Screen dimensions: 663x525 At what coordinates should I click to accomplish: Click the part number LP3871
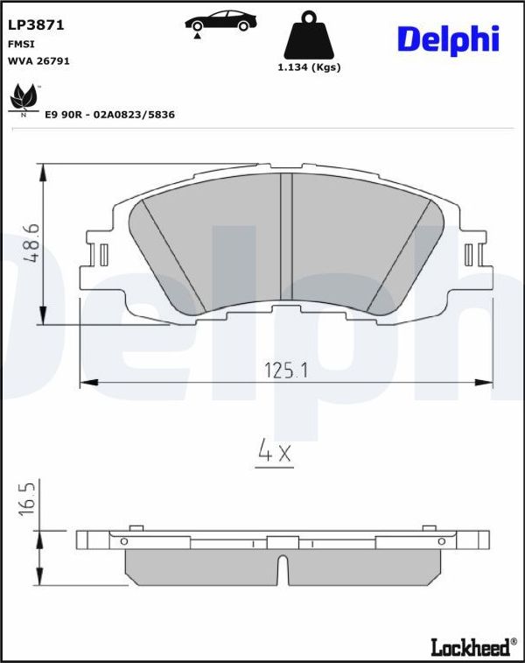click(31, 26)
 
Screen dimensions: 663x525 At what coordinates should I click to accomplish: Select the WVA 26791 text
click(38, 61)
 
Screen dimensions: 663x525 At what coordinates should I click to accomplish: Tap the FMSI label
click(22, 44)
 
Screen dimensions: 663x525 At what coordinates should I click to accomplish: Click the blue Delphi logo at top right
click(447, 39)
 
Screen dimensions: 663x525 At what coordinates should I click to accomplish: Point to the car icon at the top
click(219, 24)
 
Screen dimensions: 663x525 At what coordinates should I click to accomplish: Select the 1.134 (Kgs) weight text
click(309, 67)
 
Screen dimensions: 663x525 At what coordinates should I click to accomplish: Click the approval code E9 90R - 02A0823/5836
click(109, 115)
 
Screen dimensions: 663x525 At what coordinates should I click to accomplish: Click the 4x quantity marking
click(275, 452)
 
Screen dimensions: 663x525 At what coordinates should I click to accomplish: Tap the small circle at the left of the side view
click(124, 541)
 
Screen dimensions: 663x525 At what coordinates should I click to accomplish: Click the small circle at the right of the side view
click(439, 541)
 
